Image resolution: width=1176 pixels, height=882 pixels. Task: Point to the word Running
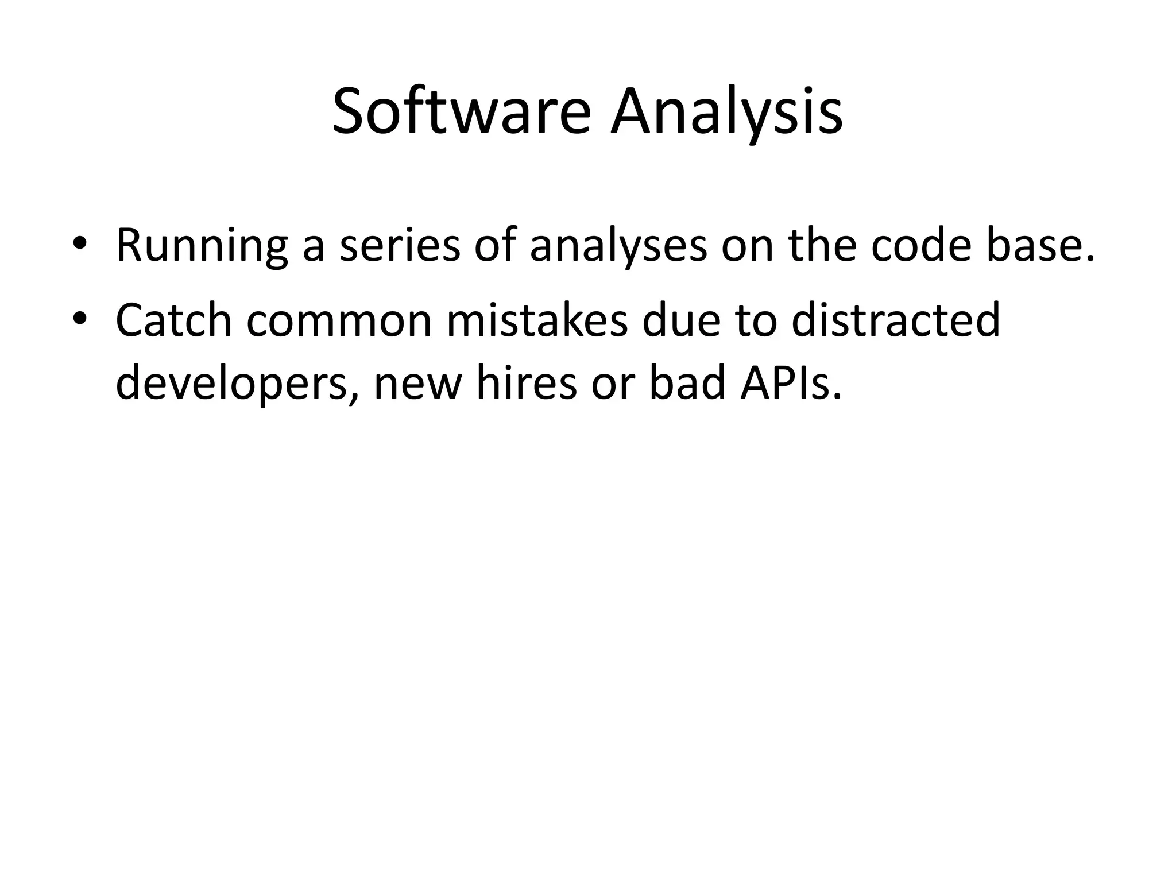pyautogui.click(x=202, y=246)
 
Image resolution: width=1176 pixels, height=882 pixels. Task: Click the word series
pyautogui.click(x=400, y=246)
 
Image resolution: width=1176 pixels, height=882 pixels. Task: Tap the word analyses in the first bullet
pyautogui.click(x=618, y=246)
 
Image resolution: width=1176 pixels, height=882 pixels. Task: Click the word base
pyautogui.click(x=1040, y=246)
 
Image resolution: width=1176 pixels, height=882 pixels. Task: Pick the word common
pyautogui.click(x=339, y=320)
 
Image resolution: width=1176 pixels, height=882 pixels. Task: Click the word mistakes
pyautogui.click(x=537, y=320)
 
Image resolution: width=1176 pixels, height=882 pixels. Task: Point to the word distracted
pyautogui.click(x=896, y=320)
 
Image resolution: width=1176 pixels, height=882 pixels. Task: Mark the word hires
pyautogui.click(x=526, y=384)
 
